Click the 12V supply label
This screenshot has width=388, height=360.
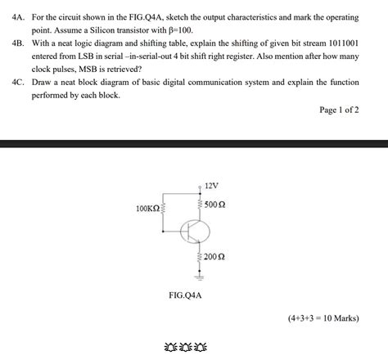211,185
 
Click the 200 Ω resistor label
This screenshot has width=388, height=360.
215,257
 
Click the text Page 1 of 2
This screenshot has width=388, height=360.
339,110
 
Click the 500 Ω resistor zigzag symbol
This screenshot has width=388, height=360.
198,204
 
